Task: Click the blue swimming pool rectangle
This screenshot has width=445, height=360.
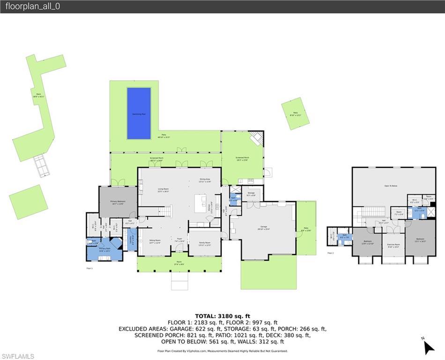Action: coord(139,113)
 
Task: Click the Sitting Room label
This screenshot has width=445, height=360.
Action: coord(155,242)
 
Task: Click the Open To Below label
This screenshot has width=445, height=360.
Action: coord(391,186)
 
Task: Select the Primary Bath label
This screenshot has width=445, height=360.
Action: coord(104,249)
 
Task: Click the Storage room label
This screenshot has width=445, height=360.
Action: coord(251,193)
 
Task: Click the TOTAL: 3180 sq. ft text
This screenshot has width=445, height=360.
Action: coord(222,316)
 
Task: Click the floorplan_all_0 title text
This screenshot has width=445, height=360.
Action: coord(33,7)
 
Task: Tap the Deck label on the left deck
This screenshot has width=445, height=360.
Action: coord(38,95)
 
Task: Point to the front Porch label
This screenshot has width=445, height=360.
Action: coord(179,262)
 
